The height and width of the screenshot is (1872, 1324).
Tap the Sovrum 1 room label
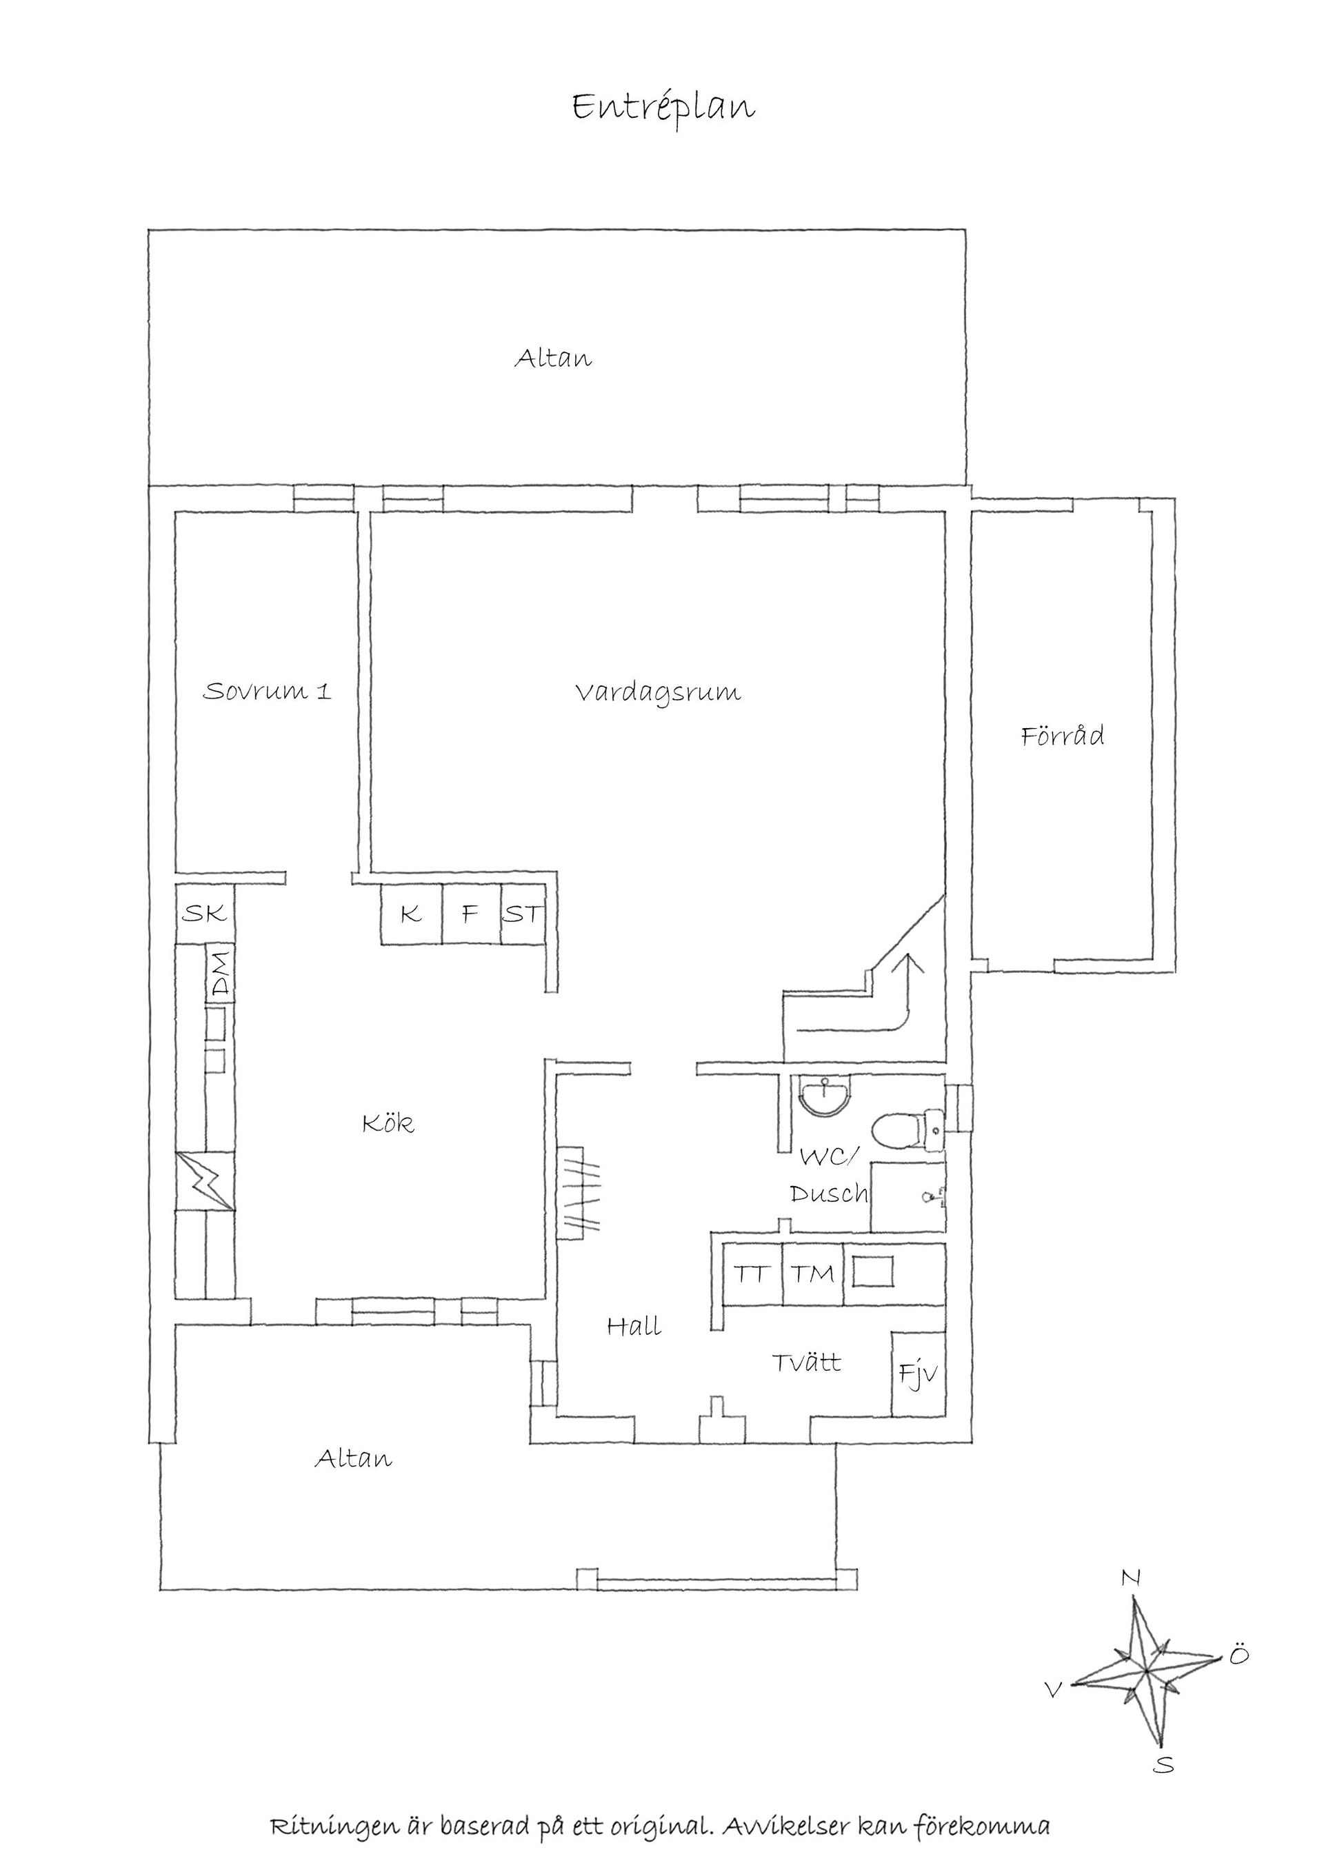(x=267, y=692)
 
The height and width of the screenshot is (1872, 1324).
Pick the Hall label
(x=634, y=1327)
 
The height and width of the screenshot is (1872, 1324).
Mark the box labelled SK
(x=205, y=914)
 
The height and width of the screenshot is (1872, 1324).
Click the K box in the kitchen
(x=412, y=915)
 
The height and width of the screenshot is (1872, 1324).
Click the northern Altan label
(x=553, y=358)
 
